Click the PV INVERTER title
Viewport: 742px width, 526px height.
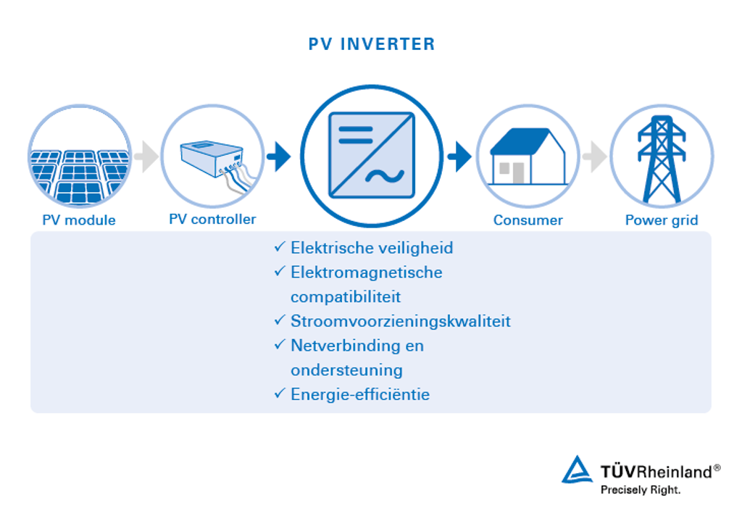[x=372, y=44]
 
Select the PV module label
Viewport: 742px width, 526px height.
[x=79, y=220]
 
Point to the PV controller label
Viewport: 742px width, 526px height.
[x=212, y=219]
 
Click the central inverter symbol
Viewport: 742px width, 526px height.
[x=372, y=156]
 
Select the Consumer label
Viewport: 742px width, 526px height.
[x=528, y=220]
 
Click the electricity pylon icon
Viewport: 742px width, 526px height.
[x=661, y=159]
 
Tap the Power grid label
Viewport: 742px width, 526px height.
[x=661, y=220]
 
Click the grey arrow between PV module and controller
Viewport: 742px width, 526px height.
[x=146, y=157]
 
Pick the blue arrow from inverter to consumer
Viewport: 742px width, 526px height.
[x=459, y=156]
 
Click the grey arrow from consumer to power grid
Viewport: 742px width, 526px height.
[x=595, y=157]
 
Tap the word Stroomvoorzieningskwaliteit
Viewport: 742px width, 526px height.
[x=400, y=321]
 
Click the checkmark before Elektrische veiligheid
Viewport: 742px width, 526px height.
[x=279, y=248]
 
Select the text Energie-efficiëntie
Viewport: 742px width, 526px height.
[x=359, y=395]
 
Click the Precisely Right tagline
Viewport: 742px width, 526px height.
[x=641, y=490]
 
